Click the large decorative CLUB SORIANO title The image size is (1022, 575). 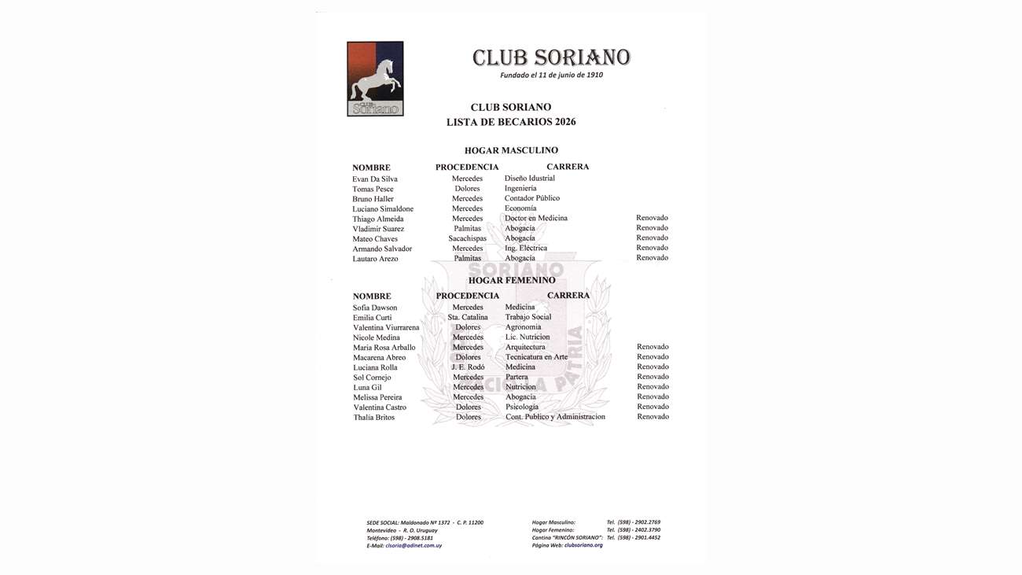point(551,57)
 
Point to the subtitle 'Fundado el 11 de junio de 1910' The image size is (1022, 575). point(551,76)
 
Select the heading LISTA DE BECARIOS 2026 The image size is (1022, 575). point(511,122)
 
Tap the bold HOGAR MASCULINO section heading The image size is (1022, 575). point(511,150)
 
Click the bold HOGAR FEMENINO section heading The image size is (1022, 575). point(512,280)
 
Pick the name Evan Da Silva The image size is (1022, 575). point(375,179)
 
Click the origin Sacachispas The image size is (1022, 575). point(468,238)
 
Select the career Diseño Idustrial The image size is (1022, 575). point(530,179)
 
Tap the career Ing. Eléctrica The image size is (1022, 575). point(526,248)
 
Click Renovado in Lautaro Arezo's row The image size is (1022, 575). point(652,258)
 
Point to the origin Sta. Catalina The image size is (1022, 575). point(468,317)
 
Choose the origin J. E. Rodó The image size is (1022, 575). point(468,367)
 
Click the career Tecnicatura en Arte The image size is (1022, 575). point(536,357)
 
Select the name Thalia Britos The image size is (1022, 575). point(374,418)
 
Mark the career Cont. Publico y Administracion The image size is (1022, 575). point(555,417)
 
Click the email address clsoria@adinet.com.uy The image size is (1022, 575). point(414,546)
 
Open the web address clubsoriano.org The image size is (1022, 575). point(583,545)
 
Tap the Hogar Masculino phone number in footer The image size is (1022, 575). point(633,522)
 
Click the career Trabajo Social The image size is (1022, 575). point(528,317)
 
